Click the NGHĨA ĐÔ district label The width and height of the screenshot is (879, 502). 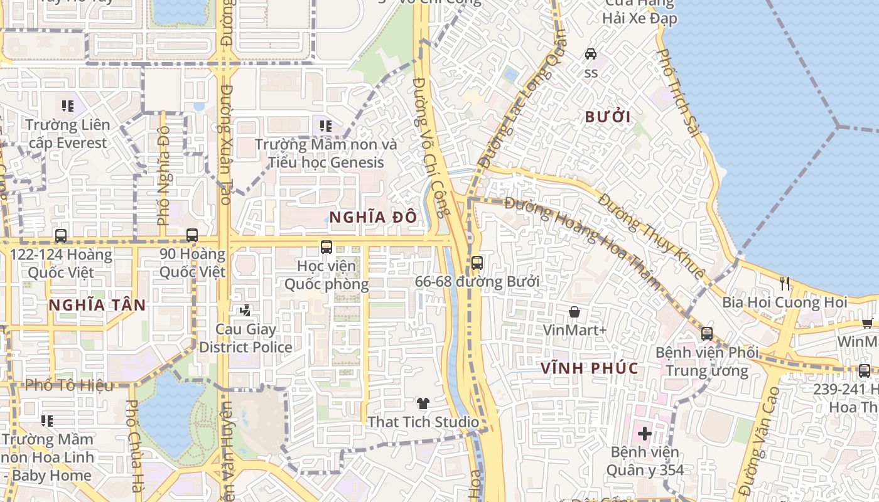coord(373,217)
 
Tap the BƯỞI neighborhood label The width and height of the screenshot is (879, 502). coord(607,117)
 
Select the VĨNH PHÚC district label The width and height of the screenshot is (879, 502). coord(590,368)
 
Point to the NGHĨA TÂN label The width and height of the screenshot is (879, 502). coord(97,306)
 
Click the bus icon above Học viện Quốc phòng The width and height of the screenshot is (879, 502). coord(326,247)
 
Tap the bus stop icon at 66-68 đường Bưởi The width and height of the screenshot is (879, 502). coord(477,262)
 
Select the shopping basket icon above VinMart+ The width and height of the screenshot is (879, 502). coord(574,312)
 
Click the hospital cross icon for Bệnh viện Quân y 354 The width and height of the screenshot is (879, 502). coord(645,433)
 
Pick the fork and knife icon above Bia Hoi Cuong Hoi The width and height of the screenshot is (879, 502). coord(784,283)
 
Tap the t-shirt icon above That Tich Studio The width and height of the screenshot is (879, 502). coord(423,403)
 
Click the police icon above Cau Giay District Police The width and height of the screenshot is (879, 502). coord(245,310)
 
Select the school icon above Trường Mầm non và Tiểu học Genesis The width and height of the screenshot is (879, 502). coord(325,125)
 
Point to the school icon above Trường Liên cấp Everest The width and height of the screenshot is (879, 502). coord(67,105)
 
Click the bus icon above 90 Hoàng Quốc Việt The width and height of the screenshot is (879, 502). coord(192,235)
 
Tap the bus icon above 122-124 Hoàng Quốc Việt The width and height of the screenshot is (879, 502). coord(61,236)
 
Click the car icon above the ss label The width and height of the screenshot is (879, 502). coord(591,54)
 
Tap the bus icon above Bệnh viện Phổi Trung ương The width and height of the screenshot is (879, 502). coord(707,334)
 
